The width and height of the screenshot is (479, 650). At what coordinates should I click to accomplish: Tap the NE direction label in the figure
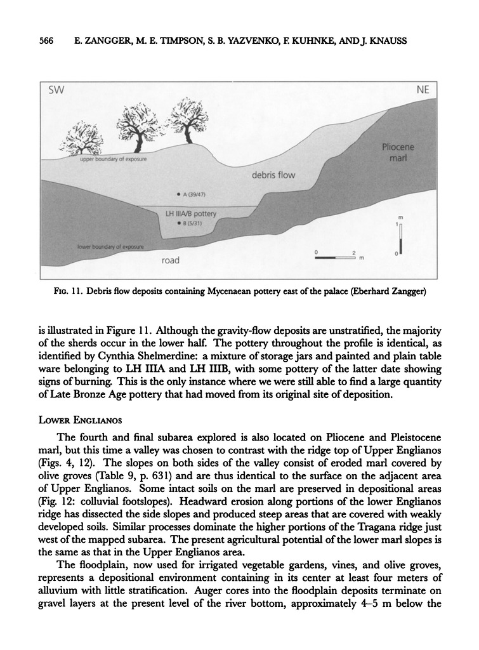tap(423, 90)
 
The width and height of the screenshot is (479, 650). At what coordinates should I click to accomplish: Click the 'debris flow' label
tap(273, 175)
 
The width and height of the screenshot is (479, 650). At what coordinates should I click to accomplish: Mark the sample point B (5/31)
tap(180, 223)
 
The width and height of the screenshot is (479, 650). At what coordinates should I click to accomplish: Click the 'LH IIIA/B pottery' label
tap(191, 215)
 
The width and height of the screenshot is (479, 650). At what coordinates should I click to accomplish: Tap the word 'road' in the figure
tap(170, 260)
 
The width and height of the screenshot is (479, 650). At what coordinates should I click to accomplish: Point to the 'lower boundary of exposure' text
tap(110, 246)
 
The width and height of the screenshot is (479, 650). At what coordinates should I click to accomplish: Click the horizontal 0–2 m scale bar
tap(335, 258)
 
